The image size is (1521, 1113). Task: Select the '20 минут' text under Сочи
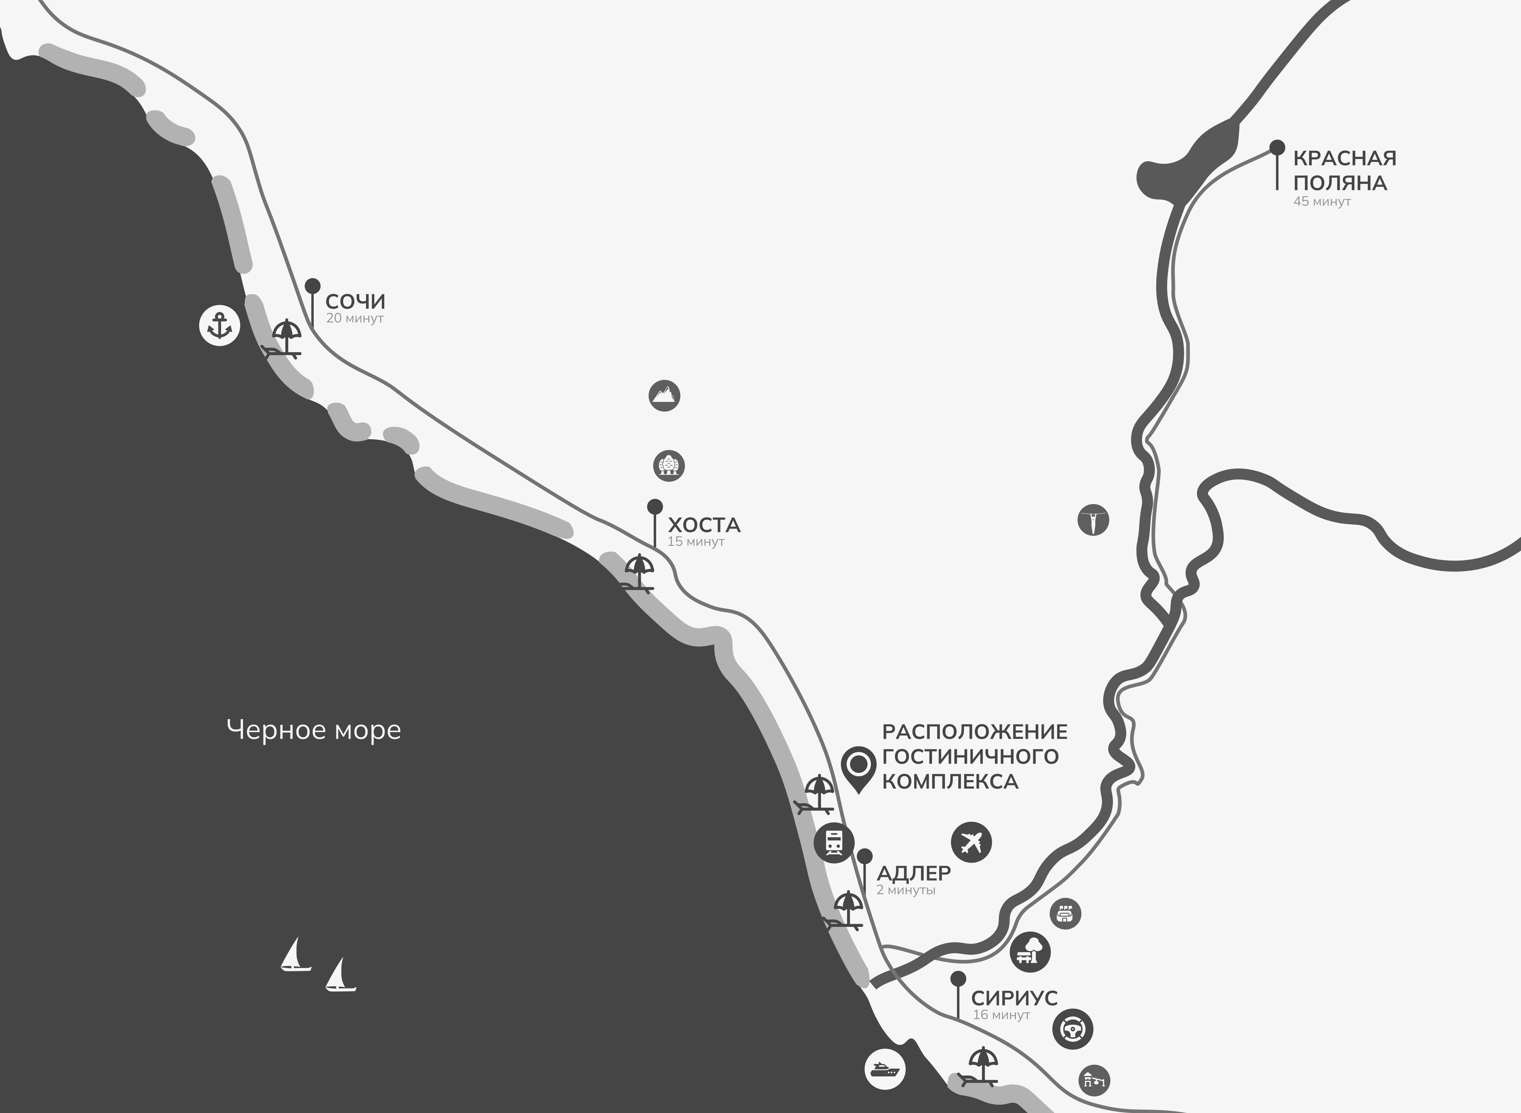tap(354, 318)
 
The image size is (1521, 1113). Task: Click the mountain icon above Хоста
tap(664, 395)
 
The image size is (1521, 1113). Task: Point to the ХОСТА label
tap(704, 525)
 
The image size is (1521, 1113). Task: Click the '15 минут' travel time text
tap(696, 542)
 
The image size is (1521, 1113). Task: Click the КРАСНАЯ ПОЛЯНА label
tap(1344, 171)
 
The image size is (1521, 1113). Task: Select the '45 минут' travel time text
tap(1322, 201)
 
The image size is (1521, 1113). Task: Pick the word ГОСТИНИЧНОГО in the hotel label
tap(970, 756)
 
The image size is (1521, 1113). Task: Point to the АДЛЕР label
tap(914, 873)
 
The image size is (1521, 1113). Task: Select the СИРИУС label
tap(1014, 998)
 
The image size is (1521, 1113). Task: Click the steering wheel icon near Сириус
tap(1072, 1029)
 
